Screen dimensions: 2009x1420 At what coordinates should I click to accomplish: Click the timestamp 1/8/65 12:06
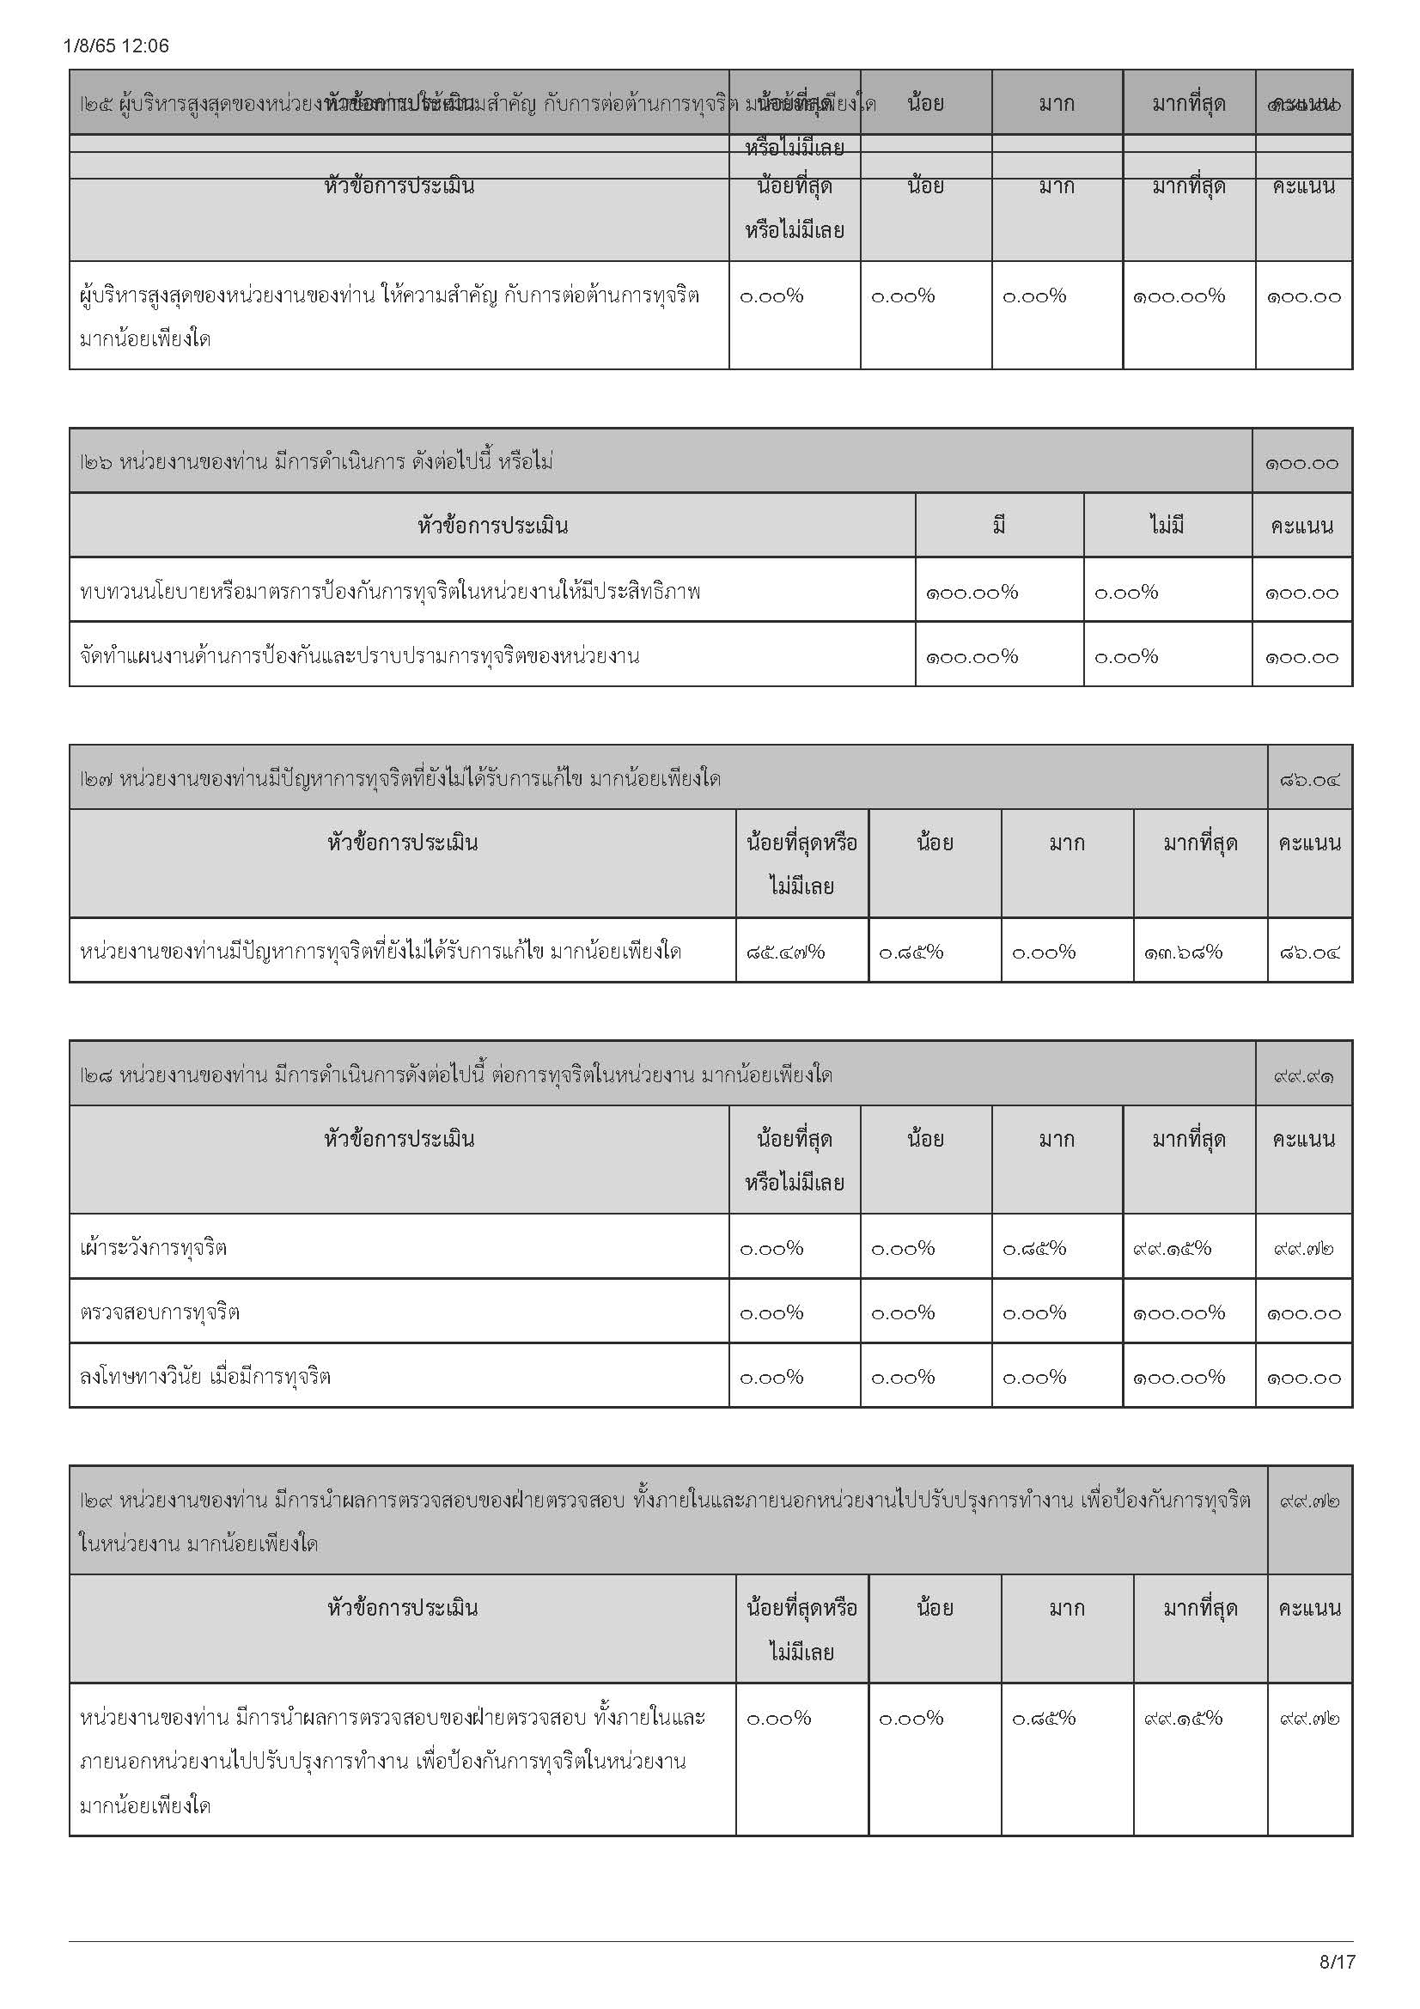point(116,46)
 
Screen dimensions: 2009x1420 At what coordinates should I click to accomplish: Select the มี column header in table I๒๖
point(998,525)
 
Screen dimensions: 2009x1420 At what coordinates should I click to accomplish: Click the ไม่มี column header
point(1167,525)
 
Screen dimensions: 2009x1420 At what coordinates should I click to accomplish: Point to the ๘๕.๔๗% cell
point(786,951)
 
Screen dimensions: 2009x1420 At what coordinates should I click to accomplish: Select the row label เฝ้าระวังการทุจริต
point(153,1247)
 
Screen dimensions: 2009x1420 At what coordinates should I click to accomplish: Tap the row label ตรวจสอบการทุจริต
point(159,1312)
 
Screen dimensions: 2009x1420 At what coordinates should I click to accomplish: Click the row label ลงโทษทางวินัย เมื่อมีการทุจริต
point(204,1376)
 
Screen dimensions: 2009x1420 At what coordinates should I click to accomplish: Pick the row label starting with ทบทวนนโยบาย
point(389,592)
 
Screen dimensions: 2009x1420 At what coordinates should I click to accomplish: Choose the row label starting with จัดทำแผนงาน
point(359,655)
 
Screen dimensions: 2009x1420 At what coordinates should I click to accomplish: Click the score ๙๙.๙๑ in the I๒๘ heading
point(1304,1075)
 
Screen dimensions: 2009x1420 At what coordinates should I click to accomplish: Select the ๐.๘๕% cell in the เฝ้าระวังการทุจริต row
point(1034,1248)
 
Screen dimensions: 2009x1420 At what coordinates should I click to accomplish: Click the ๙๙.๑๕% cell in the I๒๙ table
point(1183,1718)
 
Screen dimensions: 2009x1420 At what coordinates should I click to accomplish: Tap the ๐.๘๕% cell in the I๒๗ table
point(911,951)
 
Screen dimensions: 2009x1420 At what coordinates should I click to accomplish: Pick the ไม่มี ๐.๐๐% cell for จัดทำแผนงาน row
point(1126,656)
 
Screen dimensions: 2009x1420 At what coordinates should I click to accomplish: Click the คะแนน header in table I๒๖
point(1302,526)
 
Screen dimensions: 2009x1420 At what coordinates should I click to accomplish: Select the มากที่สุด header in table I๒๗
point(1199,843)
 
